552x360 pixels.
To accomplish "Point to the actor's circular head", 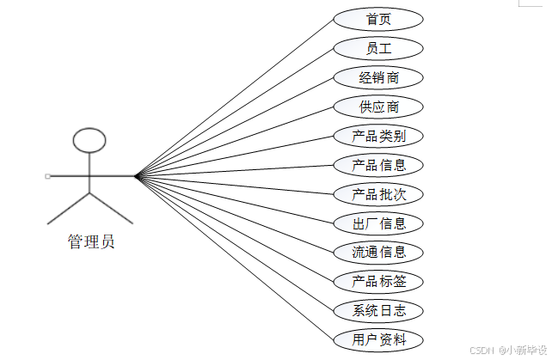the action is tap(89, 139).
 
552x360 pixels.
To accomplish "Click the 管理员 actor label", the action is tap(91, 241).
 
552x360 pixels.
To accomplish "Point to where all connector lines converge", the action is tap(136, 176).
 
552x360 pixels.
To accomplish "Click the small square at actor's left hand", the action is tap(47, 176).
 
